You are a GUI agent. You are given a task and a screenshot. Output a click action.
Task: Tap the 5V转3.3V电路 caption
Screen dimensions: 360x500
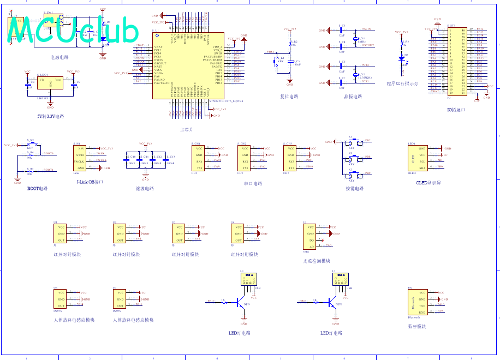pos(50,116)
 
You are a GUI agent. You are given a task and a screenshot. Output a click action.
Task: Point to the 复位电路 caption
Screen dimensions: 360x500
pos(289,97)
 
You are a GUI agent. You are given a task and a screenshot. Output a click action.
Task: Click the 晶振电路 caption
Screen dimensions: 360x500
pos(353,97)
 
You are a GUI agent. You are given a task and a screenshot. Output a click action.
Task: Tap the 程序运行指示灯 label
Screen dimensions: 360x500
pos(402,84)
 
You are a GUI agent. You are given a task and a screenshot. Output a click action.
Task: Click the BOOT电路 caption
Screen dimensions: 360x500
pos(37,188)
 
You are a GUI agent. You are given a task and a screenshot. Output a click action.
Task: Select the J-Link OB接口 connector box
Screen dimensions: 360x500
pos(80,158)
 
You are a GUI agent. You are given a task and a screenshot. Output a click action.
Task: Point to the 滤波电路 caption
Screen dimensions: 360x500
pos(145,188)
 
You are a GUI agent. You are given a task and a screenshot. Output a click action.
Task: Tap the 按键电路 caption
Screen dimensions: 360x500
pos(354,188)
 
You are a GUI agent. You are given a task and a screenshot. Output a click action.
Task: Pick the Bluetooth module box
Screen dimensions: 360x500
pos(415,302)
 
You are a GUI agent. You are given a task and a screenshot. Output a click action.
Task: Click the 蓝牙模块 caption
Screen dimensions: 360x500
pos(417,327)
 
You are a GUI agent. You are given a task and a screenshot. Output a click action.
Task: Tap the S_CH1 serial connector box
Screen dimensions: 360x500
pos(199,158)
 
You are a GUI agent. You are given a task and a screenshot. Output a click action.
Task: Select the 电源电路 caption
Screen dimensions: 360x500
pos(59,57)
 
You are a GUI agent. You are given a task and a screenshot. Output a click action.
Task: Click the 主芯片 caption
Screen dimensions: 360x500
pos(187,129)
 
